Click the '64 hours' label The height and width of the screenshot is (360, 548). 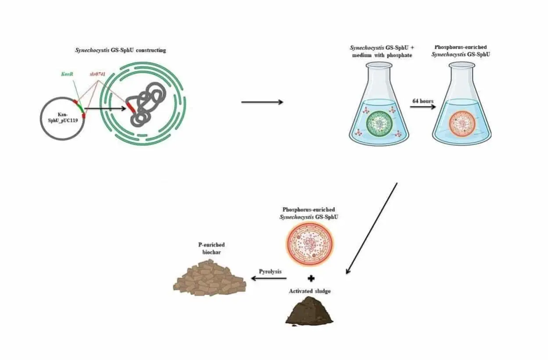(x=423, y=101)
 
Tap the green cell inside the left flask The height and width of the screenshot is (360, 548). (x=379, y=122)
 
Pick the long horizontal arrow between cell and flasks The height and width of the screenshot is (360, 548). (x=262, y=102)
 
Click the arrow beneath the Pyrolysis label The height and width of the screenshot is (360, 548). (x=268, y=278)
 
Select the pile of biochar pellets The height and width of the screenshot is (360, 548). (x=210, y=279)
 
